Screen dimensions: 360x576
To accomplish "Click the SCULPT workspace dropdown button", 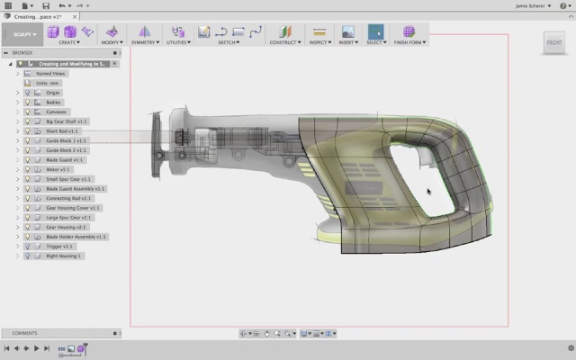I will tap(23, 34).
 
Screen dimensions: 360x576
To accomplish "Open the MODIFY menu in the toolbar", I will tap(112, 41).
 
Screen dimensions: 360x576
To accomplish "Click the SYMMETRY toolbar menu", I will tap(144, 41).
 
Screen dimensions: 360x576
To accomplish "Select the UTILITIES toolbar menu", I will tap(176, 41).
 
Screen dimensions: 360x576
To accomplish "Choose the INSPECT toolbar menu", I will tap(319, 41).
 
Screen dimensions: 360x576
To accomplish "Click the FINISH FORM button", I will tap(409, 41).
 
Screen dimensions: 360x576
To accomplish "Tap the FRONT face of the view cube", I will tap(555, 41).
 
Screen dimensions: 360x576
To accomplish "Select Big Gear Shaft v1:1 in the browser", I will tap(67, 121).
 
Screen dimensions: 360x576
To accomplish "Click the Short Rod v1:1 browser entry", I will tap(62, 131).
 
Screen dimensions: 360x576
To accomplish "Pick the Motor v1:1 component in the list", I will tap(58, 169).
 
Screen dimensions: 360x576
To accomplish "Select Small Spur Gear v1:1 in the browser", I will tap(68, 179).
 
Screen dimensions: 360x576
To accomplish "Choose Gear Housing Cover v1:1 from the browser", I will tap(73, 208).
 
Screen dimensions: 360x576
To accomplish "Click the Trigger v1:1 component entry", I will tap(59, 246).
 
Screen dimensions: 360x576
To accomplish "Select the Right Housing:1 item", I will tap(64, 256).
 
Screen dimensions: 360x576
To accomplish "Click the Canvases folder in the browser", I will tap(56, 112).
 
